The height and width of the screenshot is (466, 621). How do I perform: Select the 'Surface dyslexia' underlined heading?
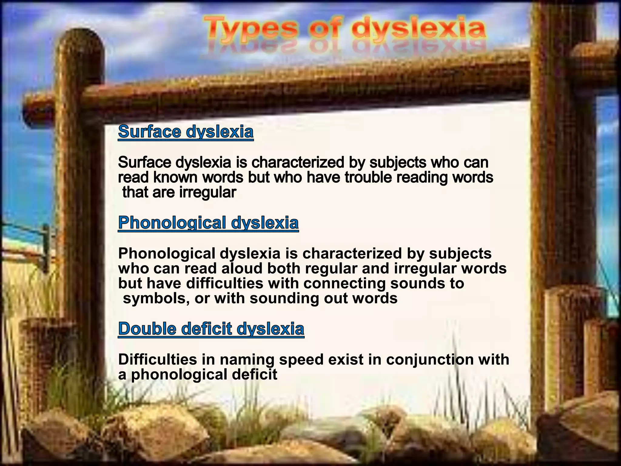pos(186,132)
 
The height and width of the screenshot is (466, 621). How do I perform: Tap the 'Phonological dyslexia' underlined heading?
pos(208,223)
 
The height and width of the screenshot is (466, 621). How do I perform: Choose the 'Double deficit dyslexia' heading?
pos(211,329)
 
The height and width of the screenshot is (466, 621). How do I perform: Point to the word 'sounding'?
pos(284,299)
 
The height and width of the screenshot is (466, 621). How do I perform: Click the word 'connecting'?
pos(344,284)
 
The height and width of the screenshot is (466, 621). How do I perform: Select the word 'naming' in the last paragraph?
pos(247,360)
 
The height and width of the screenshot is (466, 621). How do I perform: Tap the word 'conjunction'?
pos(430,360)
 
